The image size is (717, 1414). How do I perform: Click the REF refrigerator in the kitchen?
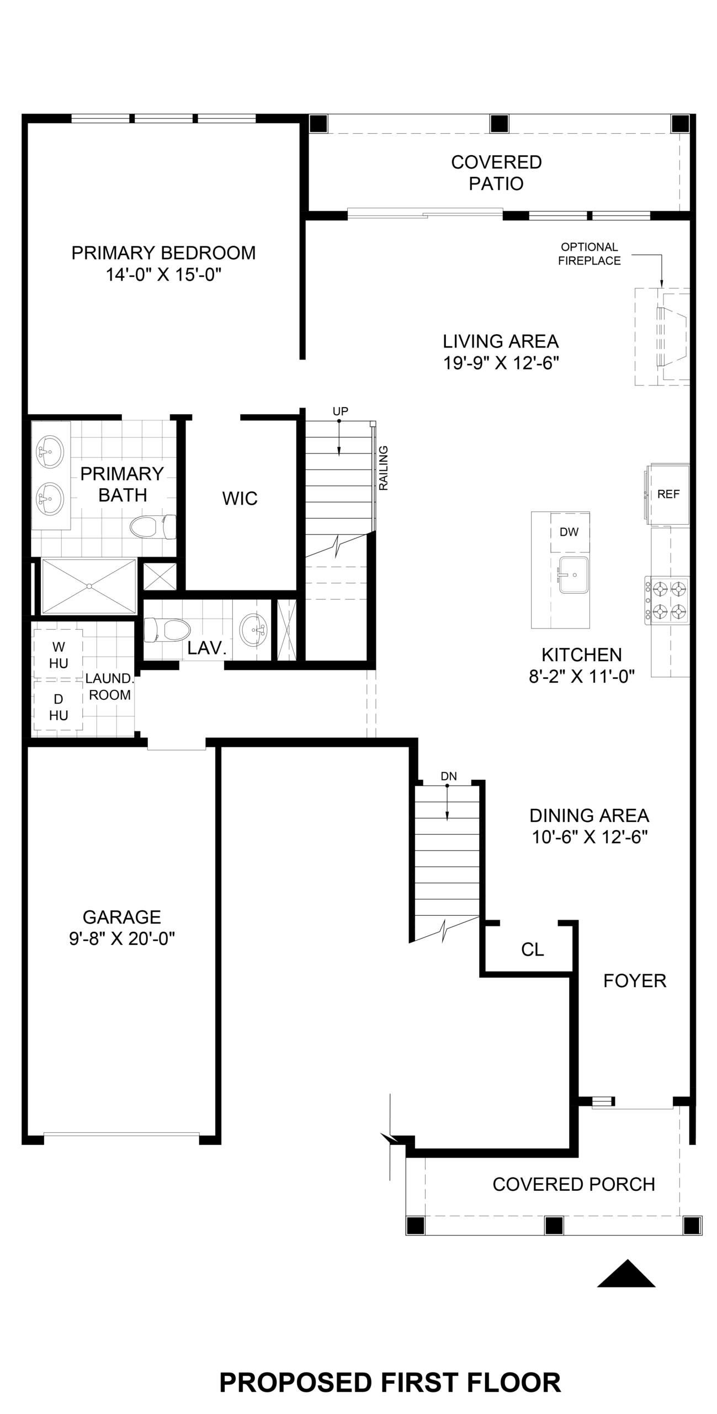(668, 495)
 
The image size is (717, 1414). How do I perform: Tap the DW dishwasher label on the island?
(569, 532)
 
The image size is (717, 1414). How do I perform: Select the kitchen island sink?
(573, 575)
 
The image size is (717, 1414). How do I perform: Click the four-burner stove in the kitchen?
(667, 601)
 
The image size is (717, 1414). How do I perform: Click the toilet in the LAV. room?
(167, 630)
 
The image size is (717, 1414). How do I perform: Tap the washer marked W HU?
(59, 655)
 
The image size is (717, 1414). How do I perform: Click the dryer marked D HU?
(59, 707)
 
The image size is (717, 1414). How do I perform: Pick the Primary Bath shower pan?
(89, 586)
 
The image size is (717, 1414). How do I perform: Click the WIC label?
(240, 499)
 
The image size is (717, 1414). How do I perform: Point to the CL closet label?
(533, 949)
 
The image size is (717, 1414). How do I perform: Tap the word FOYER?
(635, 980)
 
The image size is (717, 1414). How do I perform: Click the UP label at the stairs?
(341, 411)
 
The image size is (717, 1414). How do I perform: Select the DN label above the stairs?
(449, 776)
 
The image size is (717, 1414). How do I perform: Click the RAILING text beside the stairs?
(384, 468)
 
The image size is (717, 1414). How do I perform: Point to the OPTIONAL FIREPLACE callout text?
(589, 254)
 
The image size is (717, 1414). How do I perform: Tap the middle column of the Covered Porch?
(554, 1225)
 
